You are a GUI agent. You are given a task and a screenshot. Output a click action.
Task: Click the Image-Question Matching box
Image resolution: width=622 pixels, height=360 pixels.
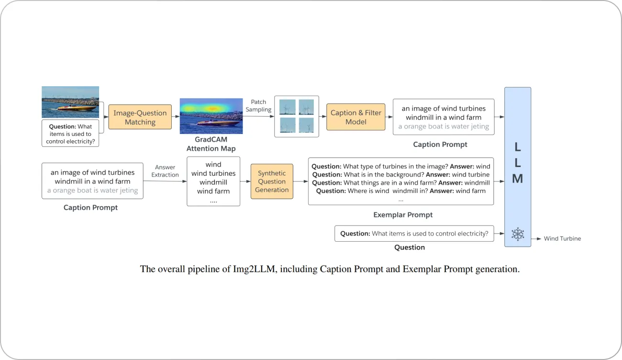point(140,117)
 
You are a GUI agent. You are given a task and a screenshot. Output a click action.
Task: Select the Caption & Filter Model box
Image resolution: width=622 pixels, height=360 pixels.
point(355,117)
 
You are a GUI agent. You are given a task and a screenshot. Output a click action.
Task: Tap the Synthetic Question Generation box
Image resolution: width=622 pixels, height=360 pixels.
point(272,181)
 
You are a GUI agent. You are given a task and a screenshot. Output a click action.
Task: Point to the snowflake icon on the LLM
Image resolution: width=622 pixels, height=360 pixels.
point(517,234)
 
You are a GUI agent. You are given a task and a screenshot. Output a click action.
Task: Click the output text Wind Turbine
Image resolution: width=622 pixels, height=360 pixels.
point(562,238)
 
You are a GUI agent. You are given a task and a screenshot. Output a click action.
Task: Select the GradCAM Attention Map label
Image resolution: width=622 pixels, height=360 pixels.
point(211,144)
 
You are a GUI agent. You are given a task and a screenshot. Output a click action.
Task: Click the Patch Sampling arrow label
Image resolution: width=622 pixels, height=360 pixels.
point(258,106)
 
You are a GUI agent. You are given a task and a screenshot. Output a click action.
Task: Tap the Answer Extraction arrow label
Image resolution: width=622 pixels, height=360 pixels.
point(165,171)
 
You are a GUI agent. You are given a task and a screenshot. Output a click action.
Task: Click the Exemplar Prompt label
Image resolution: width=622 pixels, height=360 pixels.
point(403,215)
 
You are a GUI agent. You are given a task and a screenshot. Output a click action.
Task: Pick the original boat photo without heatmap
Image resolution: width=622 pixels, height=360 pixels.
point(70,102)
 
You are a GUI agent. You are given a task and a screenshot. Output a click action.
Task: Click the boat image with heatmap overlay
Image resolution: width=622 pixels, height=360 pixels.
point(211,116)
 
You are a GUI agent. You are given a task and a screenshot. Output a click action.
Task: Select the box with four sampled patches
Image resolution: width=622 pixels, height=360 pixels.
point(296,116)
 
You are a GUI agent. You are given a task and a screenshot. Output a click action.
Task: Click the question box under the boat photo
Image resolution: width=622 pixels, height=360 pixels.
point(70,134)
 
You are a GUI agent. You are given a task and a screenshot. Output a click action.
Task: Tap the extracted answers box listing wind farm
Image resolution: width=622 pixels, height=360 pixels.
point(213,182)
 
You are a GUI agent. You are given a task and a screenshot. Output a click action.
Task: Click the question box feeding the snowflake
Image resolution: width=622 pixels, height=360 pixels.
point(414,234)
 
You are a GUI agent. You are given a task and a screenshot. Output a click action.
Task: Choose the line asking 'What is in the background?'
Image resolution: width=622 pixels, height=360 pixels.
point(400,175)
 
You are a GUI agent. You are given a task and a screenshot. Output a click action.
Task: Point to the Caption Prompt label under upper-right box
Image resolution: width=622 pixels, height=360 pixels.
point(440,144)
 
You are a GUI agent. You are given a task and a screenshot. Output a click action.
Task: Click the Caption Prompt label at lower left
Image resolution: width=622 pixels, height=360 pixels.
point(90,208)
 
